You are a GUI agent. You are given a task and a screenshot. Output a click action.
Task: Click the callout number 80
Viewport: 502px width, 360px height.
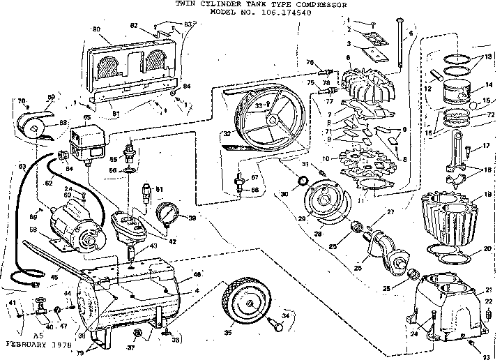[96, 29]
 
